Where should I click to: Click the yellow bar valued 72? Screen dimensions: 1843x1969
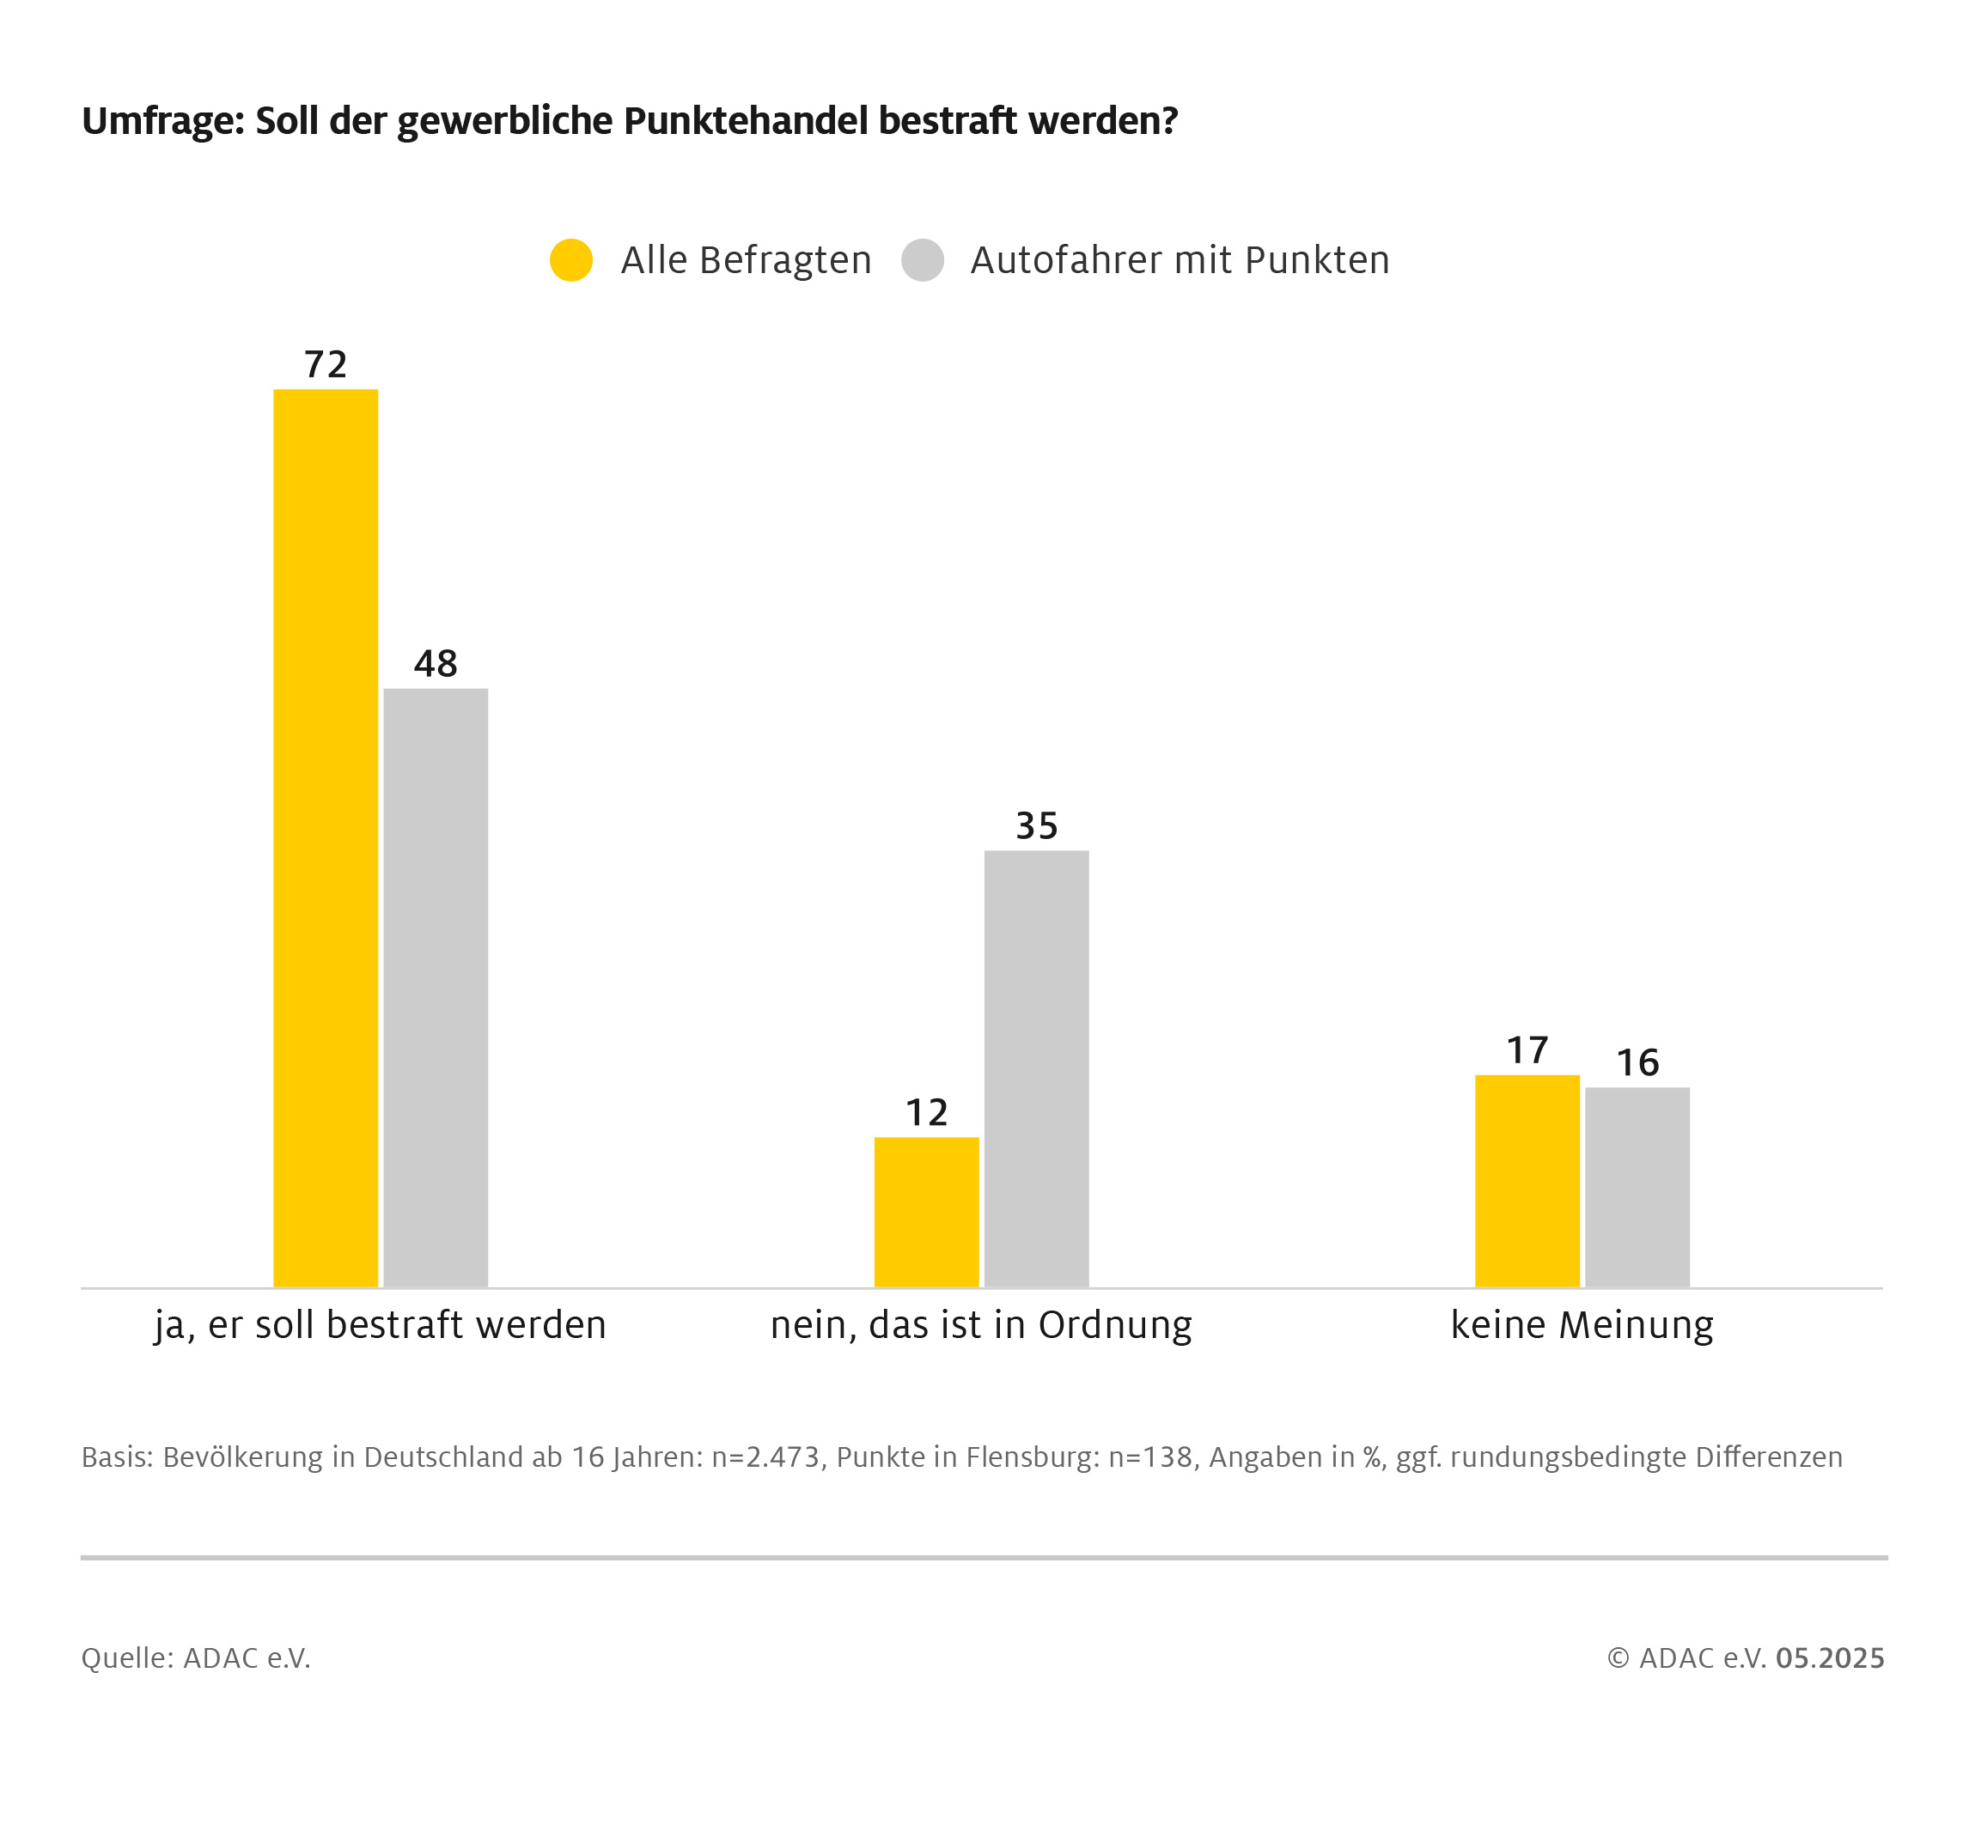(325, 836)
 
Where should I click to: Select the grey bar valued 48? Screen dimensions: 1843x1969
(435, 987)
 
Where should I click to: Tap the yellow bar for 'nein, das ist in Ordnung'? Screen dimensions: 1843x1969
(926, 1211)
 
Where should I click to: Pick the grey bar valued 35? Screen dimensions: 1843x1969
(1036, 1067)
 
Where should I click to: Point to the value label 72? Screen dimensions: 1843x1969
(325, 364)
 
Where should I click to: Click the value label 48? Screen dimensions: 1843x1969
(435, 664)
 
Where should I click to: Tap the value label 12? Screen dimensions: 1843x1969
(926, 1112)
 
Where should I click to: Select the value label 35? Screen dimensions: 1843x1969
(1036, 825)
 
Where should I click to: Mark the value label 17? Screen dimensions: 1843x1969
(1527, 1049)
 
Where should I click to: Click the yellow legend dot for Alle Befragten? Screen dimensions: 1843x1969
(570, 260)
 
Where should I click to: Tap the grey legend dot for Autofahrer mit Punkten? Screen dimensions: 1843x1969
(922, 260)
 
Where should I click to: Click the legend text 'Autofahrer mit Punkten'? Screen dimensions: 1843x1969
(1179, 260)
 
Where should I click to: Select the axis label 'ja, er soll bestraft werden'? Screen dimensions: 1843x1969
(381, 1325)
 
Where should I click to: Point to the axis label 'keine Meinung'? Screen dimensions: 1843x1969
(1581, 1325)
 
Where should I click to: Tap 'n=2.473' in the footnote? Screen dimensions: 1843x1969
(765, 1457)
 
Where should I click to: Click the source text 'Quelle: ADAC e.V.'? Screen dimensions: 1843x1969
(196, 1657)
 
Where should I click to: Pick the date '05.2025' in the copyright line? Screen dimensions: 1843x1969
(1829, 1657)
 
